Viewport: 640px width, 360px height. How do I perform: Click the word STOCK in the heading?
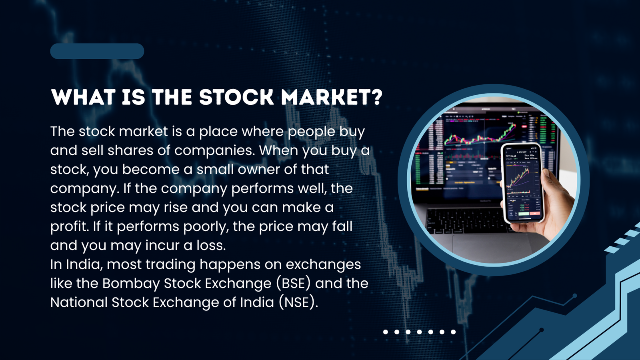pyautogui.click(x=236, y=97)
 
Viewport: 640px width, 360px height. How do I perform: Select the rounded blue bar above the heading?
pyautogui.click(x=97, y=51)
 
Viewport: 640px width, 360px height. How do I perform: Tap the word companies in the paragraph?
pyautogui.click(x=214, y=151)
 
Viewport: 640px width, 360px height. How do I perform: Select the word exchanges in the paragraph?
pyautogui.click(x=323, y=265)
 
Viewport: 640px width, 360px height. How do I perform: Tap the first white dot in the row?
pyautogui.click(x=386, y=332)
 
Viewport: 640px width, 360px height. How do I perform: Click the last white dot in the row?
pyautogui.click(x=453, y=332)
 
